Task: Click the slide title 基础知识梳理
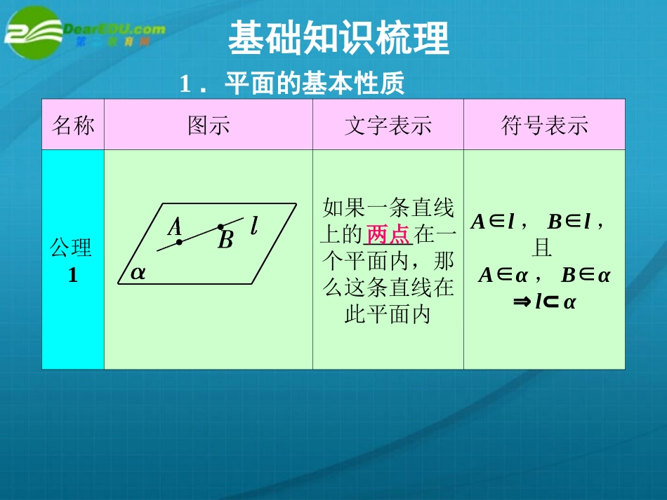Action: pyautogui.click(x=338, y=39)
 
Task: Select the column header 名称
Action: pyautogui.click(x=73, y=126)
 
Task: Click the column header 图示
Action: pyautogui.click(x=209, y=126)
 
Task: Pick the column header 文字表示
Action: pyautogui.click(x=388, y=126)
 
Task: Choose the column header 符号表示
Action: pyautogui.click(x=544, y=126)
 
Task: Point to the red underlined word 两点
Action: pyautogui.click(x=388, y=234)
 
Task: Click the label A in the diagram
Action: pyautogui.click(x=175, y=227)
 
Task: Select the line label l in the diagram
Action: pyautogui.click(x=253, y=225)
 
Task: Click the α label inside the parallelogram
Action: pyautogui.click(x=138, y=273)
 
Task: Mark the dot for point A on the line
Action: pyautogui.click(x=180, y=242)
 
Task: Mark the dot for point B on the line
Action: pyautogui.click(x=220, y=227)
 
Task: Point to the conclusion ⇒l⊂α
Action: pyautogui.click(x=544, y=302)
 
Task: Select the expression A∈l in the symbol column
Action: pyautogui.click(x=494, y=222)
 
